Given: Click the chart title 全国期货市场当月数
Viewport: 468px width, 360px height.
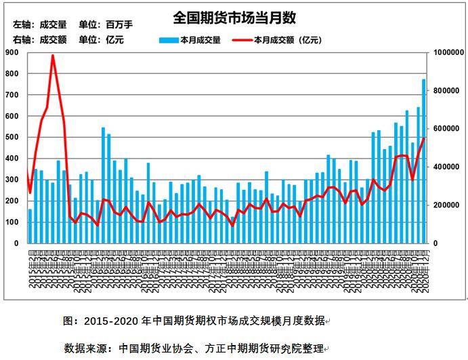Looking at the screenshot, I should (234, 18).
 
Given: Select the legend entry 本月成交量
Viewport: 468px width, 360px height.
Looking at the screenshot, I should (200, 40).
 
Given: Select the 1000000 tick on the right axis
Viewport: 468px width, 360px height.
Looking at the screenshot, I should (446, 52).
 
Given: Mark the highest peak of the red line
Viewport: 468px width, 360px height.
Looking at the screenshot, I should (53, 56).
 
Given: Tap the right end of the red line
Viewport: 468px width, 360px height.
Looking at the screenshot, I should (424, 138).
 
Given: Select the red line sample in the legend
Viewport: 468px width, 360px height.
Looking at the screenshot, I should (242, 40).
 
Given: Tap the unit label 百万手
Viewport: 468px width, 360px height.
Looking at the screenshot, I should (119, 24).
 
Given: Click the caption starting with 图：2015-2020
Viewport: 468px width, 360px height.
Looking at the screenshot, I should (194, 320).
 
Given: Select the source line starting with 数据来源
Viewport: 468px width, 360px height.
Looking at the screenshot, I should (195, 348).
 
